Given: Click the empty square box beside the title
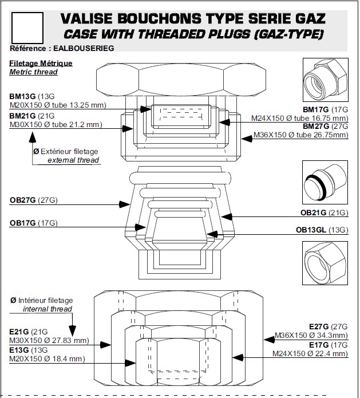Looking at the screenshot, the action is (27, 28).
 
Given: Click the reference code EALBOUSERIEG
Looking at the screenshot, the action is (84, 48).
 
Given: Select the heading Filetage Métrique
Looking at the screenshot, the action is (41, 63).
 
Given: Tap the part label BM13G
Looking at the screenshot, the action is (22, 96).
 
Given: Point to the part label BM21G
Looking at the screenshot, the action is (22, 116).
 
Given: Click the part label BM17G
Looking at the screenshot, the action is (315, 109).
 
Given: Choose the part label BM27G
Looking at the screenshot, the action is (315, 126).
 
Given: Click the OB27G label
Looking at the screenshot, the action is (22, 200).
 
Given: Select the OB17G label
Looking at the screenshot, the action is (22, 223).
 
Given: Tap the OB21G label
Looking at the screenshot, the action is (313, 212).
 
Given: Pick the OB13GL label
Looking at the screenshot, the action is (311, 230).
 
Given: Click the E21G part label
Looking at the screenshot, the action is (19, 332).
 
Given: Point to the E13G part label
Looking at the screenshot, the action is (19, 350).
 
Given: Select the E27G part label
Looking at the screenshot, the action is (319, 326).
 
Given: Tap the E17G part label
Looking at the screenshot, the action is (319, 345).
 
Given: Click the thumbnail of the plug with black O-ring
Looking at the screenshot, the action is (325, 182).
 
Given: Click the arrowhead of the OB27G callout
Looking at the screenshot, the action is (125, 204).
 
